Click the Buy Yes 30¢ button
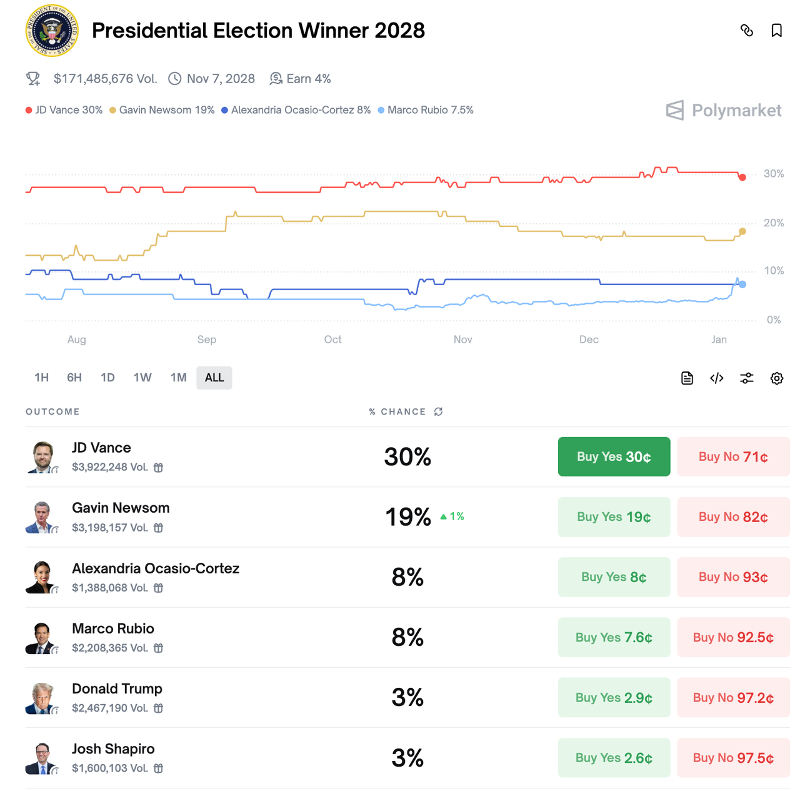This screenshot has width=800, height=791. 614,456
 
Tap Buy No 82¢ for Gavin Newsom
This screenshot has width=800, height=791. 733,517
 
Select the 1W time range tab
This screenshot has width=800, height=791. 142,378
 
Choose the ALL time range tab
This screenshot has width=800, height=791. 214,378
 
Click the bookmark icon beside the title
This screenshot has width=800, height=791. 776,31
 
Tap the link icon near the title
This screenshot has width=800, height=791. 746,31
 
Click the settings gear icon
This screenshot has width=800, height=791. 776,378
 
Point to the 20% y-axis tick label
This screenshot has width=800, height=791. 774,223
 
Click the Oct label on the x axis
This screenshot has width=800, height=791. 332,340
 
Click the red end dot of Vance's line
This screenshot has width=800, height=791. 742,178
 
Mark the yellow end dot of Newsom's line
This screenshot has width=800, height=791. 742,231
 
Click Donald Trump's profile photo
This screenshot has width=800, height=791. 42,698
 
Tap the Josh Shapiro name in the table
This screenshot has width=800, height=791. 113,749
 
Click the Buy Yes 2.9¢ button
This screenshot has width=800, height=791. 614,698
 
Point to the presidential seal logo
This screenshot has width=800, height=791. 52,31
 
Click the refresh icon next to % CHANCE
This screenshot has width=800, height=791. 439,411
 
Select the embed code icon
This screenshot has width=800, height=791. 717,378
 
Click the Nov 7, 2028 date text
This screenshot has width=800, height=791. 221,79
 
